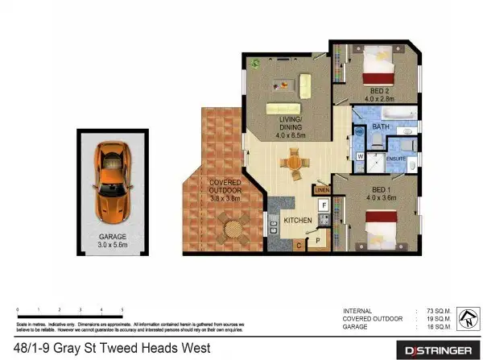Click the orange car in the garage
(112, 181)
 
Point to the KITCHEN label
(298, 220)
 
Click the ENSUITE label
(396, 159)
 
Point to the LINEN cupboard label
(322, 189)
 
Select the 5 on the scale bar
(122, 309)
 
